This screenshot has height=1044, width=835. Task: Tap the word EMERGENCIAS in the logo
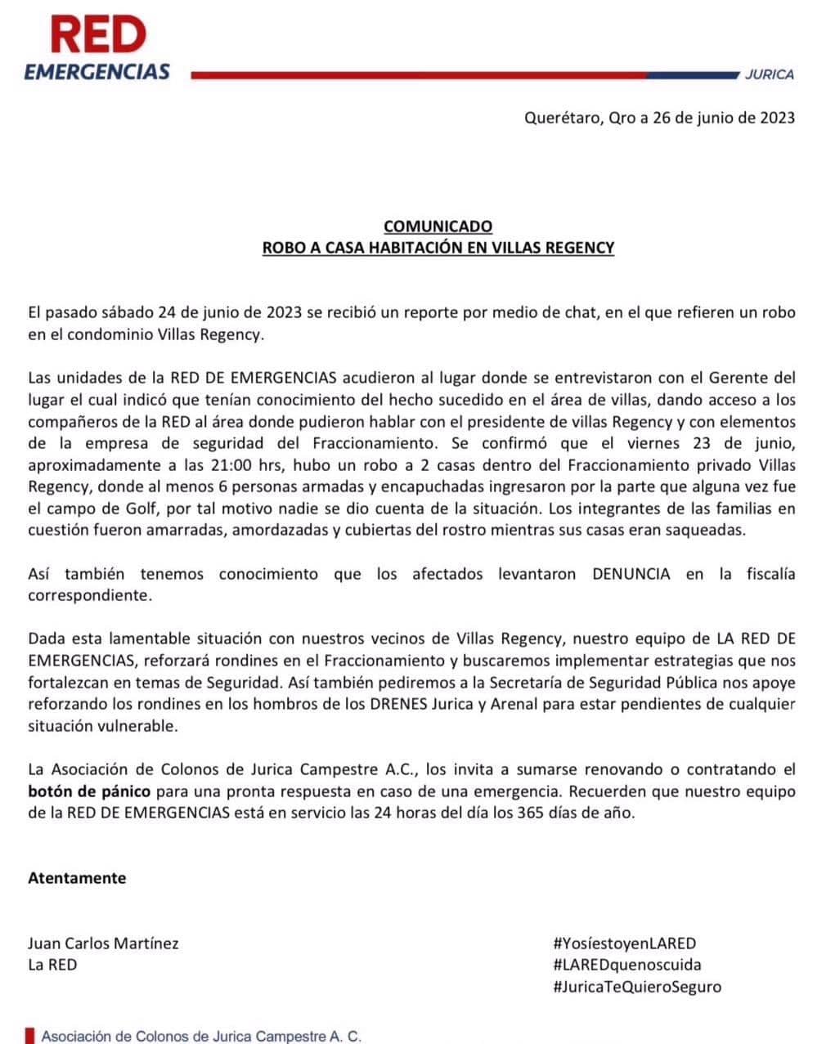click(97, 72)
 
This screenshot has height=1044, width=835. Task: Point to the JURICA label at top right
click(769, 74)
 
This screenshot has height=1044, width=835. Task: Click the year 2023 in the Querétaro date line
click(766, 118)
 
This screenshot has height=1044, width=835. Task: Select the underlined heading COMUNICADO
click(438, 226)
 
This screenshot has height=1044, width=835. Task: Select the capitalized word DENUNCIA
click(631, 574)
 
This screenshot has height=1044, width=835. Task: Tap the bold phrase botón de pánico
click(89, 792)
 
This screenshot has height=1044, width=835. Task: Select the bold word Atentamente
click(77, 878)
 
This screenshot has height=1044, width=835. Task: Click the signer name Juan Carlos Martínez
click(103, 943)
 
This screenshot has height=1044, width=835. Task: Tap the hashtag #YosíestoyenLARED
click(624, 943)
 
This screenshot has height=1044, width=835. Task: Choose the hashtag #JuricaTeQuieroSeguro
click(637, 986)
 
